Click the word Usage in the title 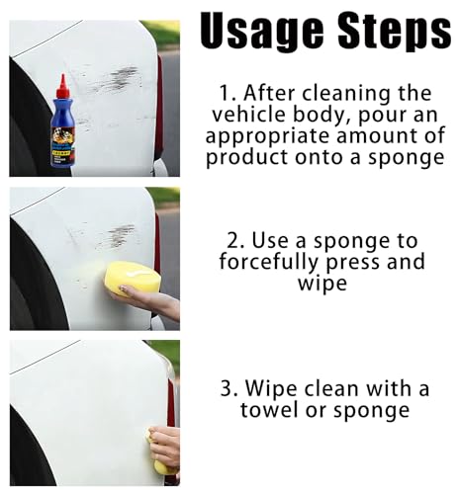262,32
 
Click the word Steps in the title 394,32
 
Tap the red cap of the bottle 63,86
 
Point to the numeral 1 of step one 225,94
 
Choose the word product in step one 247,158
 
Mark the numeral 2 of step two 234,240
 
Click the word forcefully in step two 269,263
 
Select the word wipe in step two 322,284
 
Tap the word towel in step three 270,410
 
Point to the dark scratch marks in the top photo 116,80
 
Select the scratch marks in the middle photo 117,235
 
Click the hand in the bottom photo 164,446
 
